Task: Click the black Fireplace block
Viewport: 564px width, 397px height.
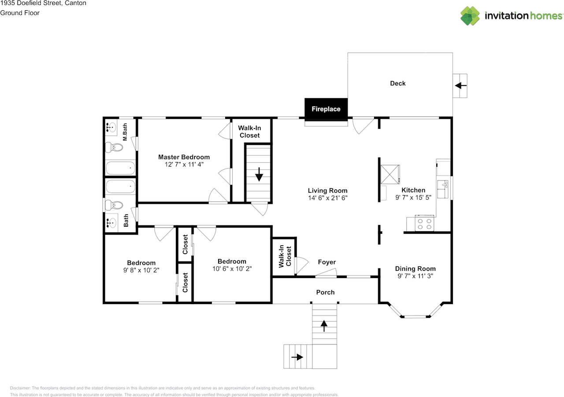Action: tap(326, 110)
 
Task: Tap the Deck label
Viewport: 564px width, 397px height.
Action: tap(398, 83)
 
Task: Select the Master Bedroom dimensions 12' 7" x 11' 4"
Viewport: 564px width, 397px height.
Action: tap(184, 164)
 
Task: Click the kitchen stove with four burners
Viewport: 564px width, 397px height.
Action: tap(424, 224)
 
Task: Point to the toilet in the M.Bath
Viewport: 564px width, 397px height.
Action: tap(114, 147)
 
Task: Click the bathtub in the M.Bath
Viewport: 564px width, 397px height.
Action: tap(120, 168)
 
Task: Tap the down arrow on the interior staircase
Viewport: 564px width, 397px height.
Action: tap(259, 175)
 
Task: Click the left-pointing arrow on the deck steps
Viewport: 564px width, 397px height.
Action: tap(461, 85)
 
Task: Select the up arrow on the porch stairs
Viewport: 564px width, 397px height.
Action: tap(324, 326)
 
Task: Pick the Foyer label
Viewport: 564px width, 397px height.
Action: tap(327, 262)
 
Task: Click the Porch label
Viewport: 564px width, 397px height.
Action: tap(325, 292)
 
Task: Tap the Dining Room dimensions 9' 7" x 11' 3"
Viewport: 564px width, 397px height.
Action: tap(416, 276)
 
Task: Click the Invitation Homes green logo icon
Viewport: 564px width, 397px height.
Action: tap(470, 16)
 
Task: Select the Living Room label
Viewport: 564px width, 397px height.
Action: tap(327, 191)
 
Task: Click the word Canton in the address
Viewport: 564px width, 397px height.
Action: tap(75, 3)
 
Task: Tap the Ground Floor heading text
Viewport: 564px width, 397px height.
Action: tap(20, 13)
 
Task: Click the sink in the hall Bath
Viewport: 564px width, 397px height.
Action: tap(111, 223)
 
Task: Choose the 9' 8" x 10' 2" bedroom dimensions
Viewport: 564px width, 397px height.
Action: tap(141, 270)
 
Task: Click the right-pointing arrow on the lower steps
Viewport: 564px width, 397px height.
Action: tap(297, 357)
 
